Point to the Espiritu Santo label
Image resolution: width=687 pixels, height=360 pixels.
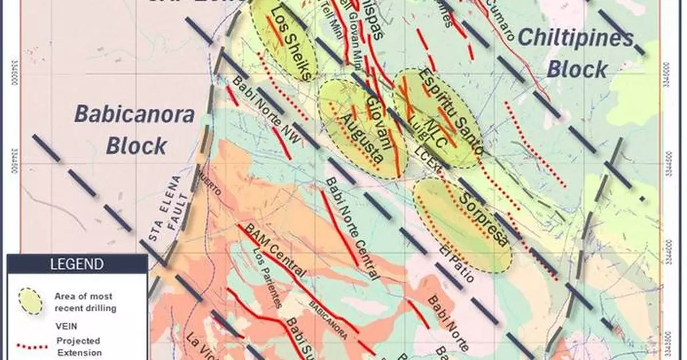click(x=451, y=112)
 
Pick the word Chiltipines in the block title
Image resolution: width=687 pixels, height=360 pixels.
click(x=575, y=39)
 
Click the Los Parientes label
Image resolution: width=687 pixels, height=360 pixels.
click(x=266, y=280)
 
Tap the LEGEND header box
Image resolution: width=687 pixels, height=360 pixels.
click(x=77, y=264)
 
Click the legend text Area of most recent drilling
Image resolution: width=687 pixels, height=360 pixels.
click(x=84, y=303)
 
